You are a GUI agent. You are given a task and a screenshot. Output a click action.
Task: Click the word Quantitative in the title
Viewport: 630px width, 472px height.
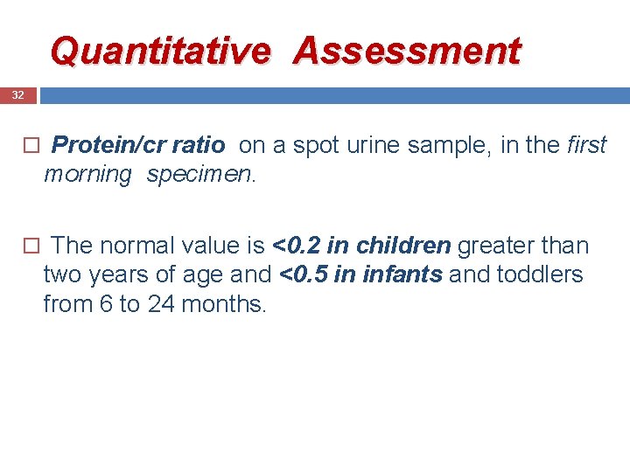click(x=160, y=51)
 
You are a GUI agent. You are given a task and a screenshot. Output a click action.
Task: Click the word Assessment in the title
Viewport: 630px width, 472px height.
click(x=407, y=51)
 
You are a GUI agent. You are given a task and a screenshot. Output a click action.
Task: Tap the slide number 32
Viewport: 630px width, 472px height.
click(x=17, y=94)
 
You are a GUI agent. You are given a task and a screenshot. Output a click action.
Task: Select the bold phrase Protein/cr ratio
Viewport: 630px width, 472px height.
click(x=138, y=145)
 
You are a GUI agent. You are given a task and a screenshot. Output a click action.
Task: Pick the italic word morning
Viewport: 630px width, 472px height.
click(x=87, y=174)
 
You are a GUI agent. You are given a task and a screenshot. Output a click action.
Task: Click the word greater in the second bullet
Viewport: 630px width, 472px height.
click(x=493, y=246)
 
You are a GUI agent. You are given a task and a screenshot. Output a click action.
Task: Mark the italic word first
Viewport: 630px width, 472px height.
click(x=585, y=145)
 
